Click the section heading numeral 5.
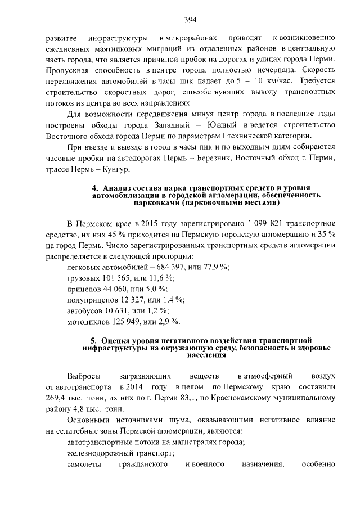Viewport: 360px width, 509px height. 94,340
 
